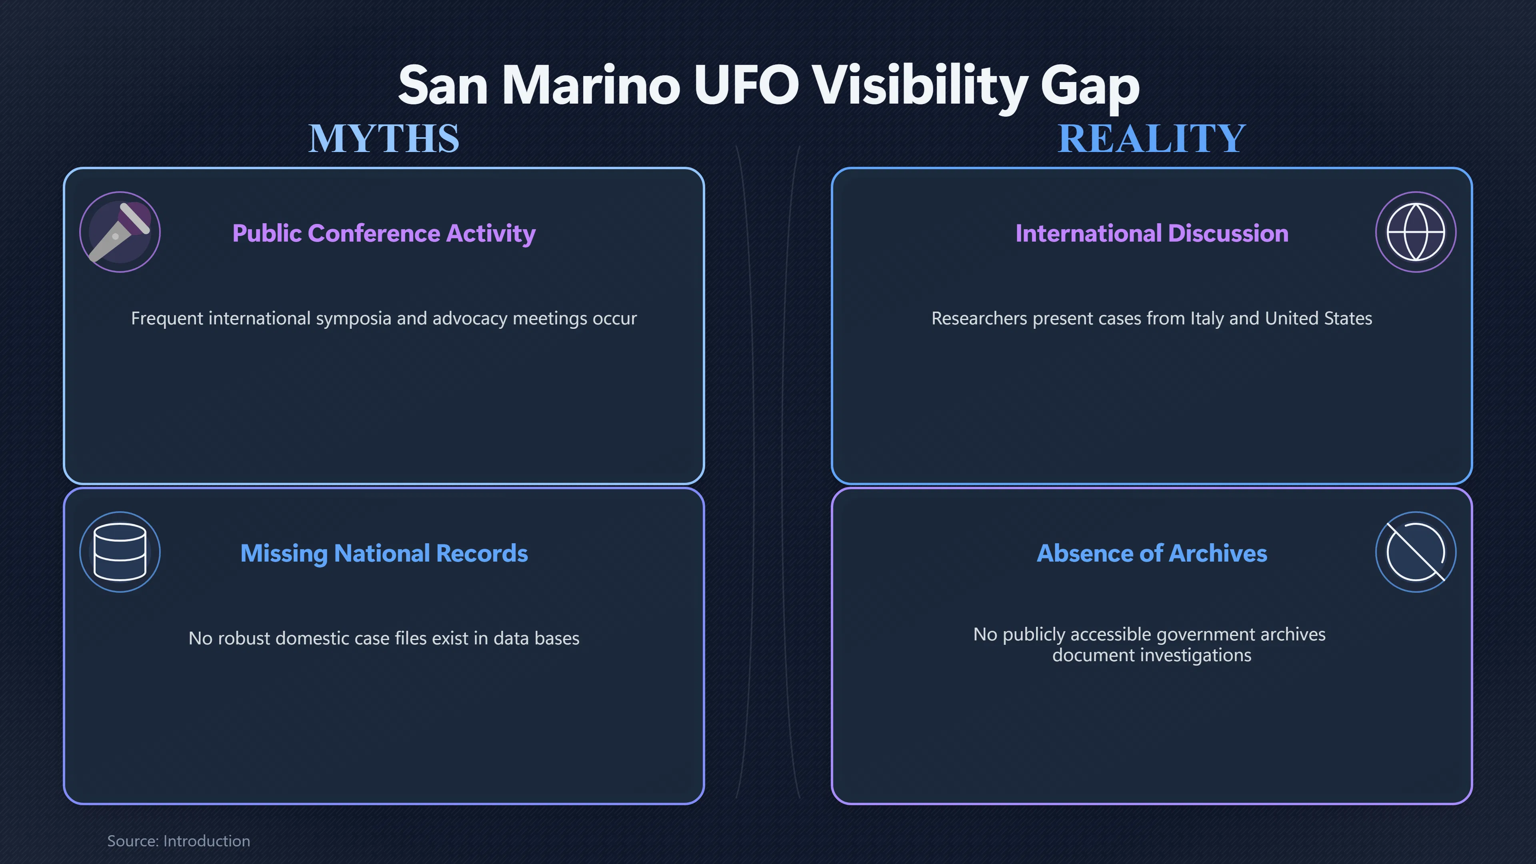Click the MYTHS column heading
[384, 138]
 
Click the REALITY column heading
[1152, 138]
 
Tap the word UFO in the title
[746, 85]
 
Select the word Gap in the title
[1090, 88]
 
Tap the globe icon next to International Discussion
[1416, 232]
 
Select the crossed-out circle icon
[1416, 552]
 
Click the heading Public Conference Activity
[384, 234]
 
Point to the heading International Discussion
[1152, 233]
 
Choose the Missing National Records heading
[384, 553]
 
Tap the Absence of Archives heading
[1152, 553]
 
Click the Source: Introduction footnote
[178, 841]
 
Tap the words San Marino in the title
[539, 85]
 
